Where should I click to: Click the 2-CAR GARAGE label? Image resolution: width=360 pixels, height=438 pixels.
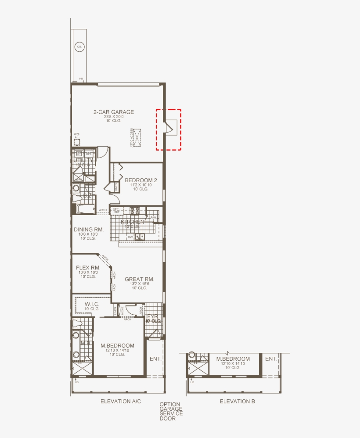[x=113, y=112]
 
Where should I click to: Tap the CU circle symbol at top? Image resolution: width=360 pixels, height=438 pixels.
[x=79, y=47]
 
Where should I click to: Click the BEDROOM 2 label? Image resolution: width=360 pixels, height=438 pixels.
[x=140, y=180]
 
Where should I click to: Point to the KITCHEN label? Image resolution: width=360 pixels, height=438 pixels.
[x=132, y=222]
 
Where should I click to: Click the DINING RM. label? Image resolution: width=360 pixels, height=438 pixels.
[x=89, y=230]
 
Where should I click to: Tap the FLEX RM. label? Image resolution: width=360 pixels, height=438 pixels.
[x=88, y=268]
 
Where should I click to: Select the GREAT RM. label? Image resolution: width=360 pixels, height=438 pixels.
[x=139, y=279]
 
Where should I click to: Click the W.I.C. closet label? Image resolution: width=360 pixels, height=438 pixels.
[x=92, y=304]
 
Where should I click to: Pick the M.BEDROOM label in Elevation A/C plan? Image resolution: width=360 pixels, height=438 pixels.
[x=117, y=345]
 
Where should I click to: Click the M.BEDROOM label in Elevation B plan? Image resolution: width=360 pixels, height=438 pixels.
[x=233, y=359]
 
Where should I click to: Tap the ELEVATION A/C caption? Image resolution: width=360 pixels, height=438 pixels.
[x=120, y=401]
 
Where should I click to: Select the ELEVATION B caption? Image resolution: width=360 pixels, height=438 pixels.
[x=237, y=401]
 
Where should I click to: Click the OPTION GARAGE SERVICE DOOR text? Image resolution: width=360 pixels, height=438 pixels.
[x=171, y=411]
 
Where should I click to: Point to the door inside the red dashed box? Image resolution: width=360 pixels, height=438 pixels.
[x=167, y=127]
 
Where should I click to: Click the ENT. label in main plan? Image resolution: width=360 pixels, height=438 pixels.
[x=155, y=359]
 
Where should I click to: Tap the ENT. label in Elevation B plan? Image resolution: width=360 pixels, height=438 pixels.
[x=270, y=359]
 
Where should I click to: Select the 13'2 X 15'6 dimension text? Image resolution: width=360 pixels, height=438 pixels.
[x=139, y=284]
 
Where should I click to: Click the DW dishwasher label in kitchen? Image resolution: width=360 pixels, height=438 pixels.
[x=130, y=237]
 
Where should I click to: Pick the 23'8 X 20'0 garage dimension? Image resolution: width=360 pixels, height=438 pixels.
[x=113, y=117]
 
